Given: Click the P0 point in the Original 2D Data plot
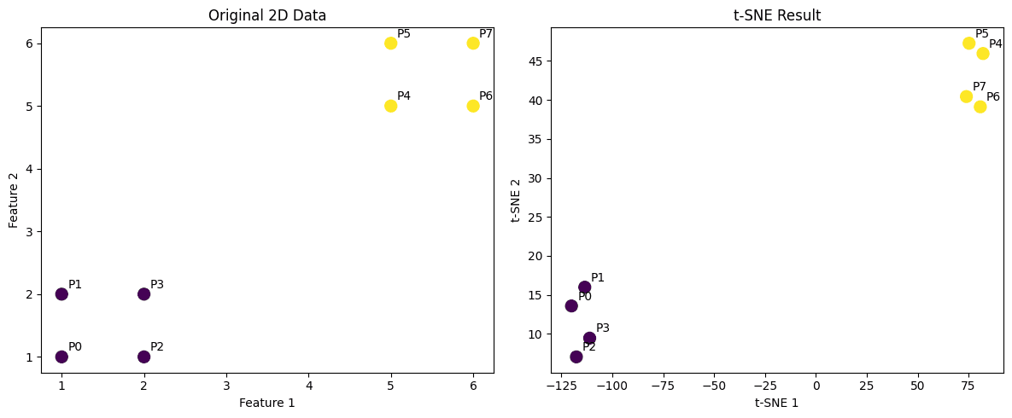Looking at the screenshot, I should pos(61,357).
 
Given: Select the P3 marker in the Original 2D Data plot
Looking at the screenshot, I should pos(143,294).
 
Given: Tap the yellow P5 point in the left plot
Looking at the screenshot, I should pos(390,44).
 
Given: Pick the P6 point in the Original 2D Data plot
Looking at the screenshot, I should pos(473,106).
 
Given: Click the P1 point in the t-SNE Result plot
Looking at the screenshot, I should pos(584,287).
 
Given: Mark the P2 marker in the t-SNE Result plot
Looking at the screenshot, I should pos(576,357).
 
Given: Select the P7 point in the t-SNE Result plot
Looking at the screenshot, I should pos(966,96).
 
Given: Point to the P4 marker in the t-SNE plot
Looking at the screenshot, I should pos(983,54).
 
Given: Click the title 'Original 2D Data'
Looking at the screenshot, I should pos(267,15).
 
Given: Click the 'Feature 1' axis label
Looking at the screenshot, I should pos(267,403).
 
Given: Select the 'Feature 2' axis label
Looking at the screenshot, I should pos(14,200).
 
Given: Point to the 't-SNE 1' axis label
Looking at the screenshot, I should pos(777,403).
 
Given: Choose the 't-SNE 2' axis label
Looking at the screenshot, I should pos(516,200).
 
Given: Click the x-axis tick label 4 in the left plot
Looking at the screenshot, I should pos(308,386).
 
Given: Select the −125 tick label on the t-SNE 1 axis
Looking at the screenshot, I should pos(561,386).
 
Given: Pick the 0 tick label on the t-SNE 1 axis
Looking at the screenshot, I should pos(816,386).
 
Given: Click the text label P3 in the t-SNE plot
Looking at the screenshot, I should pos(603,328).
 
